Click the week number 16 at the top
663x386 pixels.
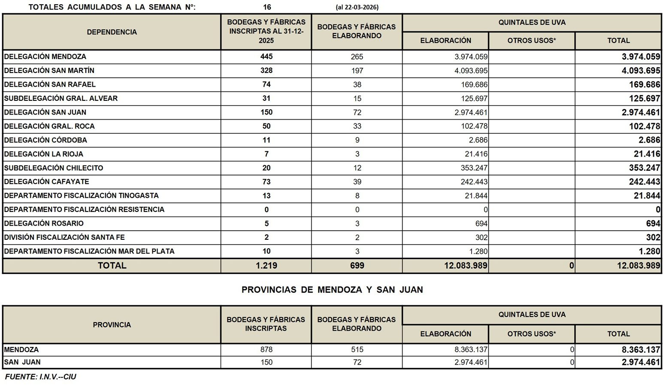(267, 7)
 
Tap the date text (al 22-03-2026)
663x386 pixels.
(357, 7)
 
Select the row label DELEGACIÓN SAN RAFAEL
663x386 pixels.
(50, 84)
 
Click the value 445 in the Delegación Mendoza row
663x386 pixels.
(266, 57)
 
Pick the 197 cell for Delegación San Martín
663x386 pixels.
(357, 71)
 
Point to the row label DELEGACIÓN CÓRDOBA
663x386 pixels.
(45, 140)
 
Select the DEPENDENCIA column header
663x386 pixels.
(112, 32)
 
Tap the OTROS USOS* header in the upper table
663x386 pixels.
(531, 41)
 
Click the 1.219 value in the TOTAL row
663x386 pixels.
(266, 265)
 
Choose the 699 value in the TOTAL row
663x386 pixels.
(357, 265)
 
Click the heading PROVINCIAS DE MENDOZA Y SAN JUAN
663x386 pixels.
(332, 289)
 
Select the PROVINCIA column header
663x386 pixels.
(112, 325)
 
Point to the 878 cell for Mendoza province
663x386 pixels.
(266, 350)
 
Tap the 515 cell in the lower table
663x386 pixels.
(357, 350)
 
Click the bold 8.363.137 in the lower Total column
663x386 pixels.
(641, 350)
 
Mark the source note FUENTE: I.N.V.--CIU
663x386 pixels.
(40, 377)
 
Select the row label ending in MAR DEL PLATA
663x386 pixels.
(89, 251)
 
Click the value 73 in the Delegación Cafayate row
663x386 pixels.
(266, 182)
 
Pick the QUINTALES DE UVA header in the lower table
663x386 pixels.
(532, 315)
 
